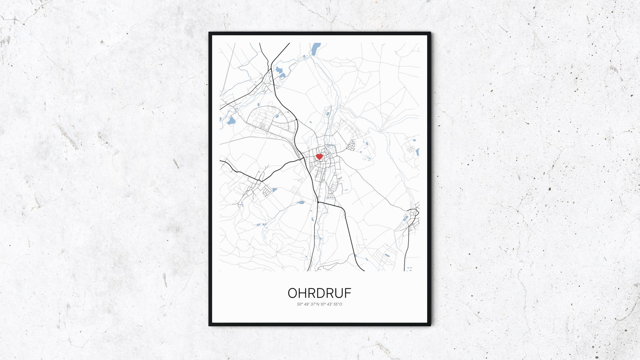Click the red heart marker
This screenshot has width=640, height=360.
[319, 156]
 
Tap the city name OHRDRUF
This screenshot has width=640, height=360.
[319, 293]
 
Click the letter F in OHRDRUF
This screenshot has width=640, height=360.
[347, 293]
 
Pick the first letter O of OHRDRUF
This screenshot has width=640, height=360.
[292, 293]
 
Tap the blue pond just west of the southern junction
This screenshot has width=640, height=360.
[301, 202]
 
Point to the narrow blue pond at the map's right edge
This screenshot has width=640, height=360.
[417, 152]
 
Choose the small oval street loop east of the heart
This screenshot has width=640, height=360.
[352, 144]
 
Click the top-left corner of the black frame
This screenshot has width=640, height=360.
[210, 33]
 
